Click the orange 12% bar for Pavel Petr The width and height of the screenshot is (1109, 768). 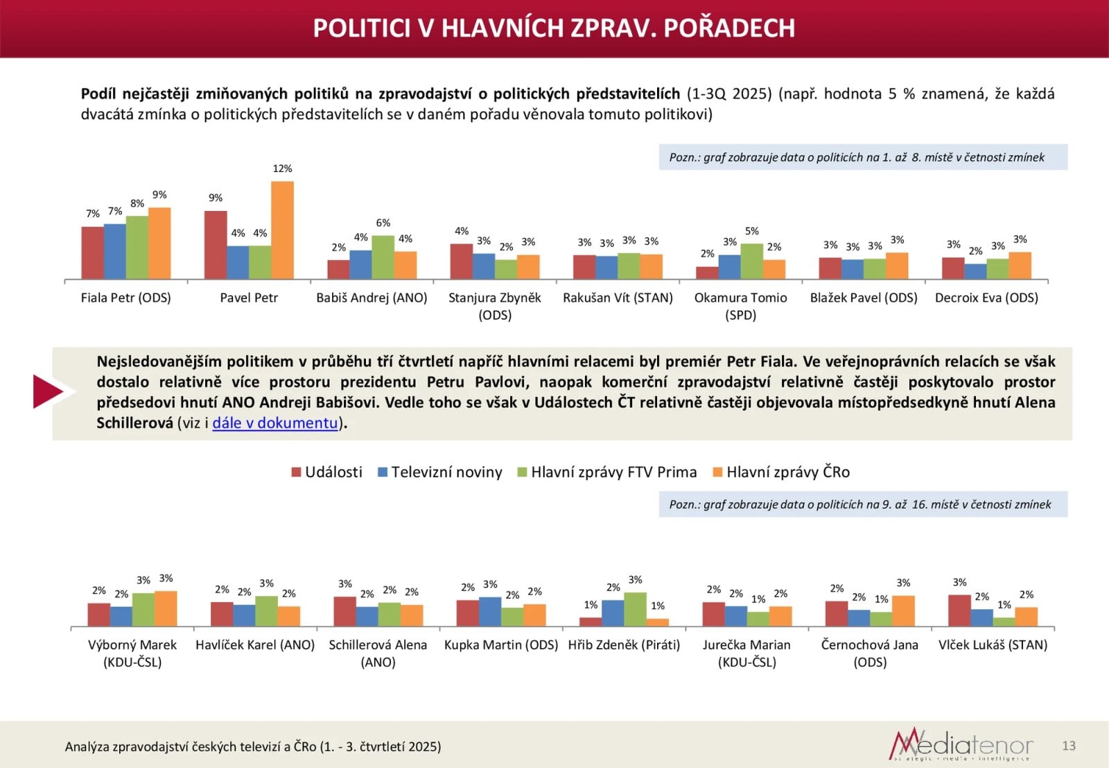coord(282,230)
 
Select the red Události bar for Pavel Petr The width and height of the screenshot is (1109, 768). coord(216,245)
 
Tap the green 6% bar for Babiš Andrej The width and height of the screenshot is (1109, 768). coord(383,257)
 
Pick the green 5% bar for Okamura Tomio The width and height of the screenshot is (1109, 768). coord(751,262)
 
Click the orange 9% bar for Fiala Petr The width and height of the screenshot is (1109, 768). coord(159,244)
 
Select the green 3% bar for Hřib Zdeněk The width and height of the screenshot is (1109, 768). coord(635,609)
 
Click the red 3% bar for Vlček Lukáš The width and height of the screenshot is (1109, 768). coord(959,611)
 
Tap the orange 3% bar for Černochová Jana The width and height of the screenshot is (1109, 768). coord(903,611)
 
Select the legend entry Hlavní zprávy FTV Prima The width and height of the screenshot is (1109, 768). coord(607,472)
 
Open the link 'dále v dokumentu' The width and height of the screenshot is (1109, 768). coord(275,423)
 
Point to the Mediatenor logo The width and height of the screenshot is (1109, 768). coord(961,745)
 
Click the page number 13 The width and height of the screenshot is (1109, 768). coord(1069,746)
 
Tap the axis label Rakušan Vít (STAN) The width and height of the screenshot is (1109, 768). coord(618,298)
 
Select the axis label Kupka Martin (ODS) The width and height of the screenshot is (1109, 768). coord(501,645)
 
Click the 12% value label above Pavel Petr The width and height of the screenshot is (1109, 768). coord(282,169)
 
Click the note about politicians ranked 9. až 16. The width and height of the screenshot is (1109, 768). coord(862,504)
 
